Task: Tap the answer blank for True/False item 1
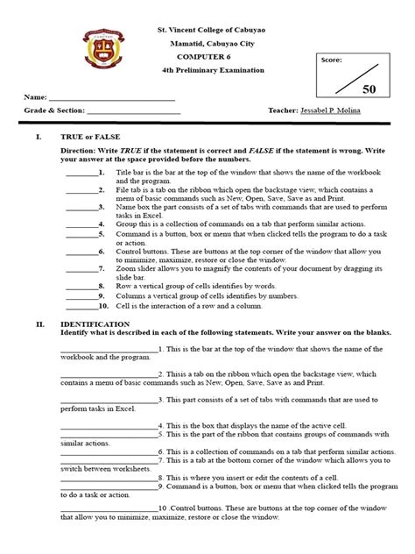tap(83, 174)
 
